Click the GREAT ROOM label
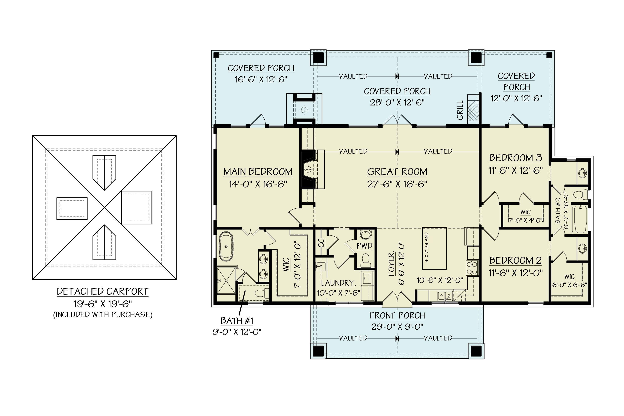pyautogui.click(x=397, y=172)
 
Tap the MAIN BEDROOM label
pyautogui.click(x=258, y=172)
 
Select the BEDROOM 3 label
pyautogui.click(x=515, y=158)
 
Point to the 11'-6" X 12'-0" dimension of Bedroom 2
pyautogui.click(x=515, y=273)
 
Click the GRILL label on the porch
pyautogui.click(x=460, y=110)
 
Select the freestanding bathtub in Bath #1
pyautogui.click(x=226, y=246)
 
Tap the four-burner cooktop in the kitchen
pyautogui.click(x=472, y=268)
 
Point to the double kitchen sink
pyautogui.click(x=445, y=295)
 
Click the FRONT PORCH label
pyautogui.click(x=397, y=316)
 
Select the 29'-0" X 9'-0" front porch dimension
pyautogui.click(x=397, y=327)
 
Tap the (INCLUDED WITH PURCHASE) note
pyautogui.click(x=103, y=315)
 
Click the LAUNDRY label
pyautogui.click(x=338, y=283)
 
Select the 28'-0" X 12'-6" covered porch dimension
pyautogui.click(x=397, y=103)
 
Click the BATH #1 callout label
pyautogui.click(x=237, y=321)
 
